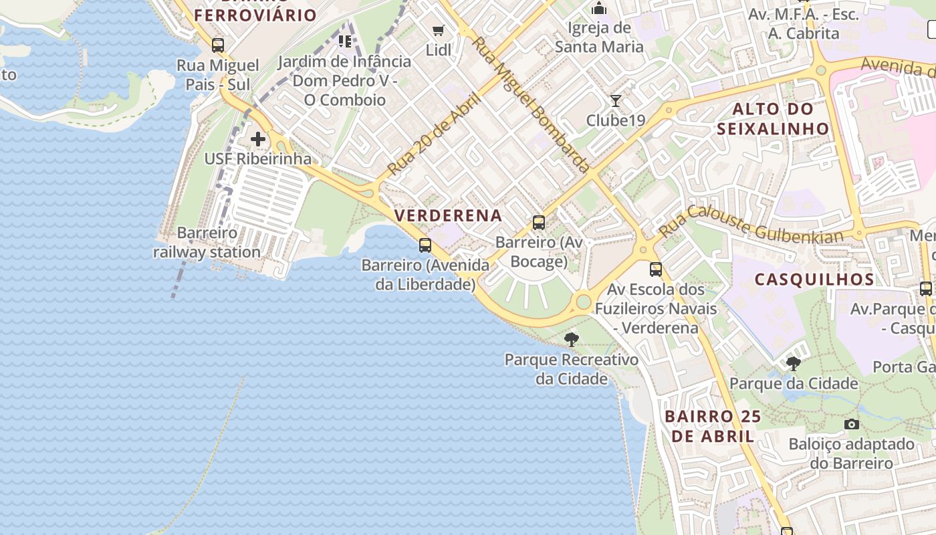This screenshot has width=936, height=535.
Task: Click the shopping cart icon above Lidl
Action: pos(439,30)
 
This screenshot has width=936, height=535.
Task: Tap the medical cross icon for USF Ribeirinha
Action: pos(258,139)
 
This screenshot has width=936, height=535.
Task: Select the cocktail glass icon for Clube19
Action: pos(616,101)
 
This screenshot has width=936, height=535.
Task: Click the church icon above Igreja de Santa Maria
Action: pos(599,9)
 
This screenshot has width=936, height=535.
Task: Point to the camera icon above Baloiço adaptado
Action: pos(851,424)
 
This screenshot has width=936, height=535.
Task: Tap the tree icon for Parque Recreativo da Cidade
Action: pos(571,340)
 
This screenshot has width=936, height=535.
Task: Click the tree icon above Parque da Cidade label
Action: pos(793,364)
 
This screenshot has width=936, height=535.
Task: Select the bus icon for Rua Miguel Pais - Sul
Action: pos(218,45)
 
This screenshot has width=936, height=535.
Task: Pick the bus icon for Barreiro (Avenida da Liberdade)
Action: pos(425,245)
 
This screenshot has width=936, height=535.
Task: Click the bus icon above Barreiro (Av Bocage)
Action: pos(538,223)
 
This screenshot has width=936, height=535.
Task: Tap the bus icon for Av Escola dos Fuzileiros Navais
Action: pos(656,270)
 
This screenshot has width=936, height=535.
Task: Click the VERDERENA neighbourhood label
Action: pos(448,215)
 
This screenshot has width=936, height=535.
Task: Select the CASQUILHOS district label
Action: pos(814,280)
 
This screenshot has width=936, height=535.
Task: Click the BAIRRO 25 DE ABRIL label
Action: pos(712,426)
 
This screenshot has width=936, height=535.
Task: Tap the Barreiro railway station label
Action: pos(207,243)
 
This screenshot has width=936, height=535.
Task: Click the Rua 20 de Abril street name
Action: pos(435,134)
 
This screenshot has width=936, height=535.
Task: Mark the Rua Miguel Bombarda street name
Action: pos(532,105)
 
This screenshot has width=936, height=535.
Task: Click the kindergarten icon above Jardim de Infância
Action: pos(345,41)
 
